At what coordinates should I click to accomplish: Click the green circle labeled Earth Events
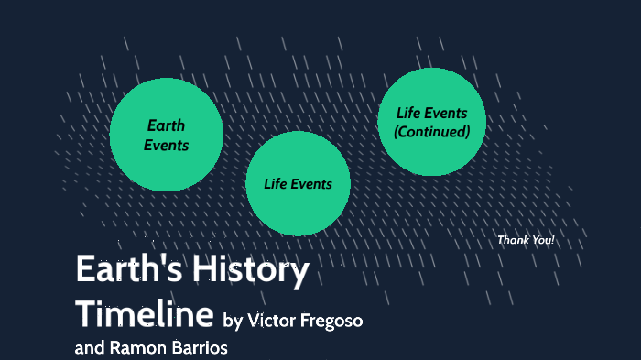[x=166, y=135]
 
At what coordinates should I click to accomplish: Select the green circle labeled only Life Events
[x=298, y=183]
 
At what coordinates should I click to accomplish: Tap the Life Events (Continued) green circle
[x=431, y=122]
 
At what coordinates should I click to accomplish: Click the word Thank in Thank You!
[x=513, y=240]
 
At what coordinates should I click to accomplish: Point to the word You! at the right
[x=541, y=240]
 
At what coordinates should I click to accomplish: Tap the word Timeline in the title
[x=145, y=313]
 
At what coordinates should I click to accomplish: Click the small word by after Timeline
[x=233, y=320]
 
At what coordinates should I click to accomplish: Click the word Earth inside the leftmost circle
[x=166, y=125]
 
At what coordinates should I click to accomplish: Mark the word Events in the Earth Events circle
[x=166, y=145]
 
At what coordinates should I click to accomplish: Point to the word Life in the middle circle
[x=276, y=183]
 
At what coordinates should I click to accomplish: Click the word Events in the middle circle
[x=311, y=183]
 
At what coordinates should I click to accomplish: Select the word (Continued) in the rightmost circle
[x=431, y=132]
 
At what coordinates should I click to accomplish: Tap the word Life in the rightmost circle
[x=408, y=113]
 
